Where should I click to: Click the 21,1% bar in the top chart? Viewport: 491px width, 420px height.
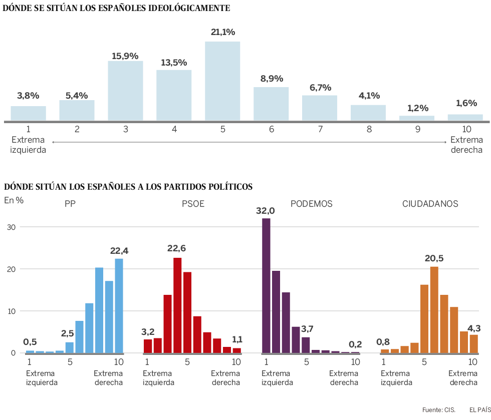(222, 81)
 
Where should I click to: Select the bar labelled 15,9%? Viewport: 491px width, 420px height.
(125, 91)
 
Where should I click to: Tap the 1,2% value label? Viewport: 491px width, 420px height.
(417, 108)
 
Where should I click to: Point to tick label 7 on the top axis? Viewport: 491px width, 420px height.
(320, 129)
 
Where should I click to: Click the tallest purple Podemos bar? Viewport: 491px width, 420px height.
(266, 285)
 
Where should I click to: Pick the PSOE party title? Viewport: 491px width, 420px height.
(193, 204)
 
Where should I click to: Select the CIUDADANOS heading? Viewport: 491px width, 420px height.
(430, 204)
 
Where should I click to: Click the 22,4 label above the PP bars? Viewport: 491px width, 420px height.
(119, 251)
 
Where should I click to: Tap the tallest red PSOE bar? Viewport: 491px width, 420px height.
(177, 305)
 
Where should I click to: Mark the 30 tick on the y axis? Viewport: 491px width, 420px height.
(12, 227)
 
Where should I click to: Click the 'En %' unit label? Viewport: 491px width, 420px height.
(14, 200)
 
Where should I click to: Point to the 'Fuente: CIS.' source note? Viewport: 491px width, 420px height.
(439, 409)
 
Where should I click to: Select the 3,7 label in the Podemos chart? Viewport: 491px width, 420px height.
(308, 328)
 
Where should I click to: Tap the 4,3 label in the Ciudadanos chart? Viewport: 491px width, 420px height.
(474, 328)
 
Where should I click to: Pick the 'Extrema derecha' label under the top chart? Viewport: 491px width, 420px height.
(466, 145)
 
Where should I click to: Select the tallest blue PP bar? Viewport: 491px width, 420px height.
(119, 305)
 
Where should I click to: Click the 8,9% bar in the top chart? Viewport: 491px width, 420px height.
(271, 104)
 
